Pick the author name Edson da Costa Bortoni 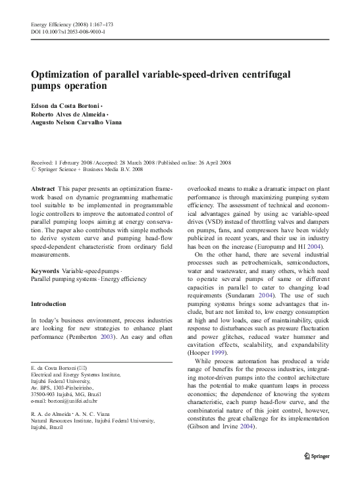pyautogui.click(x=66, y=106)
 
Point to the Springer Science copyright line pyautogui.click(x=89, y=169)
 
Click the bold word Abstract pyautogui.click(x=43, y=189)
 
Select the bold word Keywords pyautogui.click(x=47, y=271)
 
